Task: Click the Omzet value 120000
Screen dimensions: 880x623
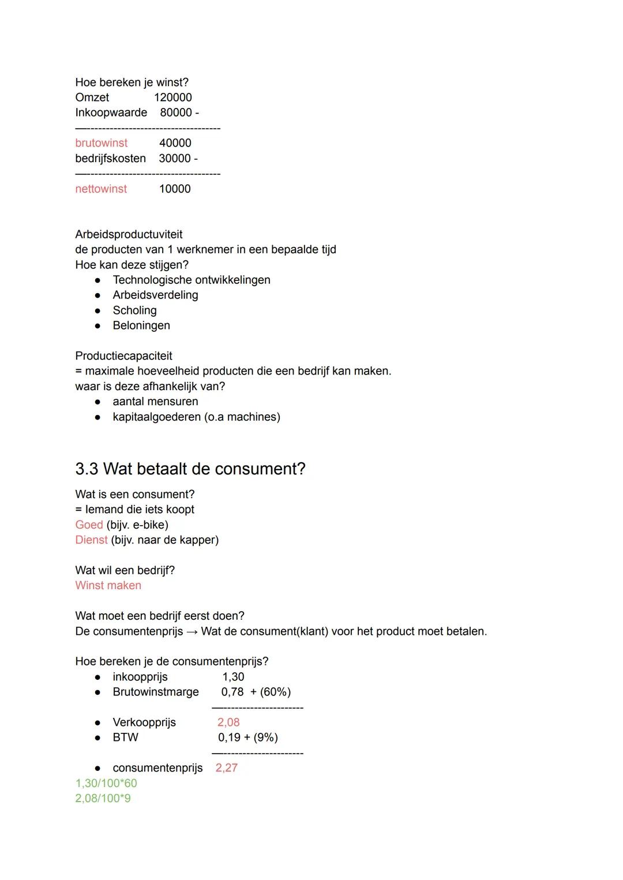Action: click(x=172, y=98)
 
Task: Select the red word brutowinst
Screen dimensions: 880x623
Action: click(x=102, y=143)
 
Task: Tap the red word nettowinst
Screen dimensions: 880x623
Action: click(x=101, y=189)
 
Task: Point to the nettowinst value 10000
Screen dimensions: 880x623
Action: click(x=175, y=189)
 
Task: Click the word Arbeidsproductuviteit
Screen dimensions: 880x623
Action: click(x=129, y=234)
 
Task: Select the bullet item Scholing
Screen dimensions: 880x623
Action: click(x=134, y=310)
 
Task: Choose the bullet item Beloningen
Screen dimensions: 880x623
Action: click(x=141, y=325)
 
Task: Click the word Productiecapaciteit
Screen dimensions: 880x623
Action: click(x=123, y=356)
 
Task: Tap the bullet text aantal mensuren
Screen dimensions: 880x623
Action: click(x=155, y=402)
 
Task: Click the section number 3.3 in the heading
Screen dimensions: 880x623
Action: click(x=87, y=469)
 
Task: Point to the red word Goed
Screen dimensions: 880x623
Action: click(x=89, y=525)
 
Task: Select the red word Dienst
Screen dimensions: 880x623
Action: click(x=91, y=540)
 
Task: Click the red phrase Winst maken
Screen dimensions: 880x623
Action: click(x=108, y=586)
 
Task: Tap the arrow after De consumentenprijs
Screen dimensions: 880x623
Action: click(x=192, y=631)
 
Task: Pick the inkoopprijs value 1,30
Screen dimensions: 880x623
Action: click(x=233, y=677)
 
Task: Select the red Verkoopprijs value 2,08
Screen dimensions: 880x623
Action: click(x=228, y=722)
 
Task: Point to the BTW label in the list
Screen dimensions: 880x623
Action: click(x=125, y=737)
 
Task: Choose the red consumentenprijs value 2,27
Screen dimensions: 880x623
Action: click(x=226, y=768)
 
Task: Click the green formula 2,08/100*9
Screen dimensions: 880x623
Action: click(x=103, y=799)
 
